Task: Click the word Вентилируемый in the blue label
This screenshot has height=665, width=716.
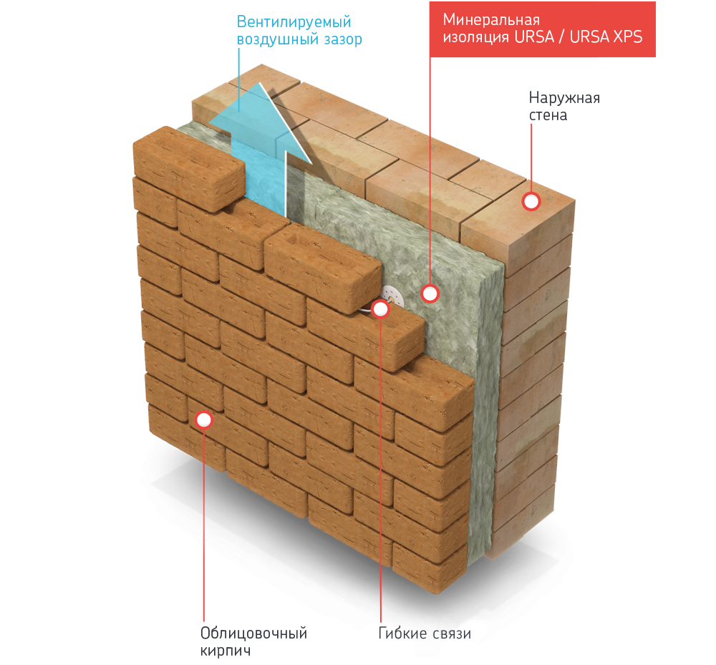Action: coord(289,21)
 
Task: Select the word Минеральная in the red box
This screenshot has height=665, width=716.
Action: coord(490,19)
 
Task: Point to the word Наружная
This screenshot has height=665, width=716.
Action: coord(563,97)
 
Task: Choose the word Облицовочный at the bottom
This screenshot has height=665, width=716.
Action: coord(253,634)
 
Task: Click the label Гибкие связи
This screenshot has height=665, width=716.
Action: coord(425,634)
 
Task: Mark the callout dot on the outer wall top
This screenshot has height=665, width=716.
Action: coord(531,202)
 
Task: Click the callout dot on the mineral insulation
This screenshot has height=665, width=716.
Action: coord(430,293)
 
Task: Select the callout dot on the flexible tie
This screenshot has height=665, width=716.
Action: coord(380,309)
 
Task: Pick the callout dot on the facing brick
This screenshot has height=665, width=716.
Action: coord(205,420)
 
